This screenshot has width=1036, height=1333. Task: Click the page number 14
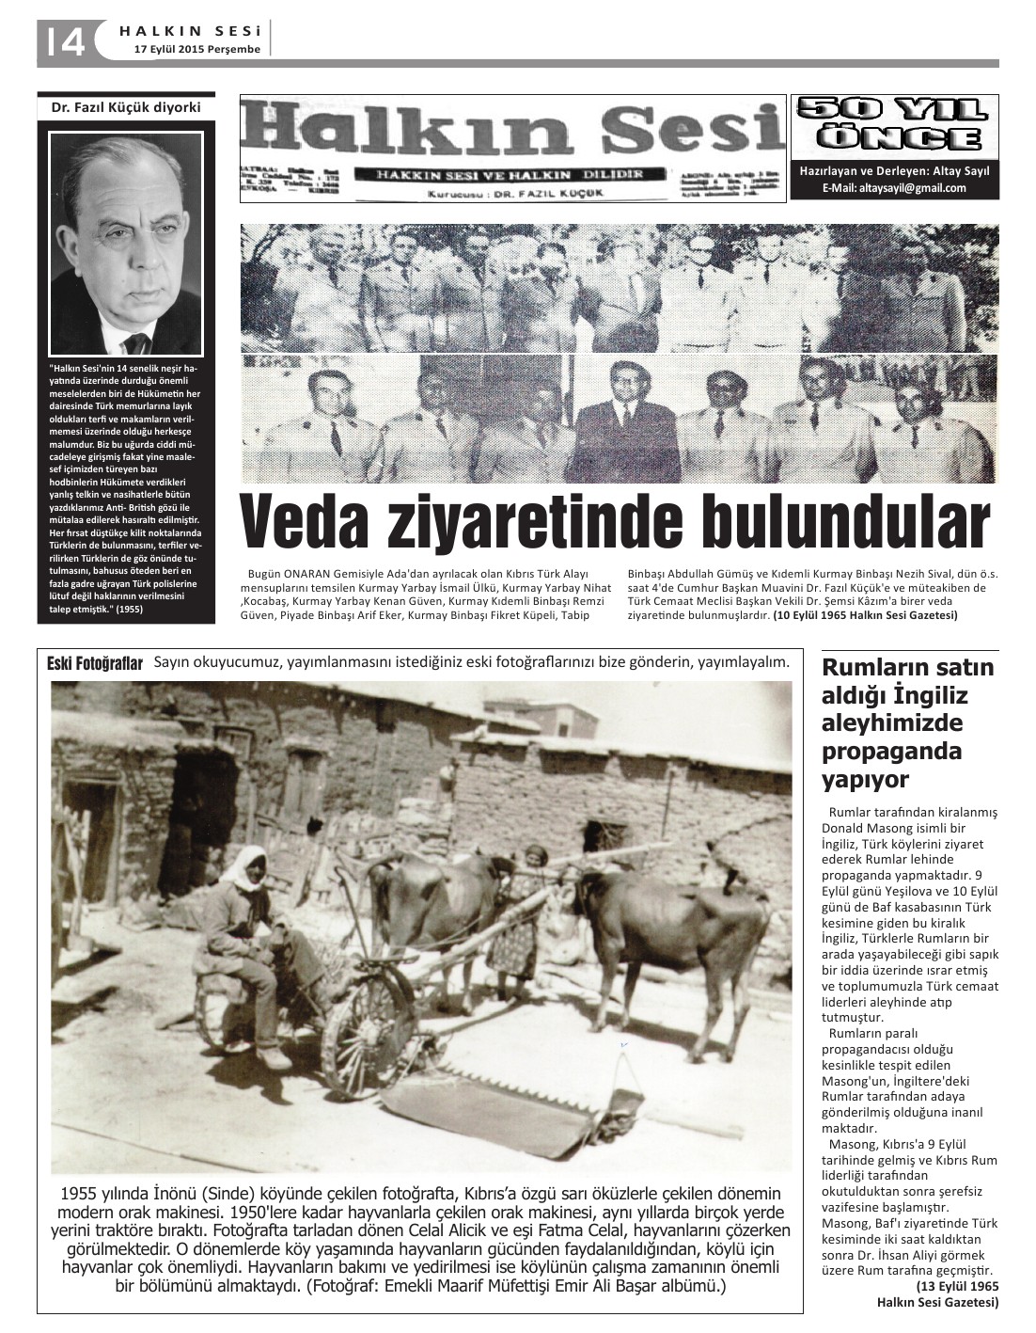(x=62, y=41)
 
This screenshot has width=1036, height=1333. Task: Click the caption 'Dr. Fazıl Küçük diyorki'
(x=125, y=107)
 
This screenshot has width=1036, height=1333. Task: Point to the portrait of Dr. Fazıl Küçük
(x=126, y=240)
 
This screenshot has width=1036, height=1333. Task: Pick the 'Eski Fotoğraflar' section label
(x=94, y=664)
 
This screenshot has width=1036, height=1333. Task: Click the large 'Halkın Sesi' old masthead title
(x=512, y=131)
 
